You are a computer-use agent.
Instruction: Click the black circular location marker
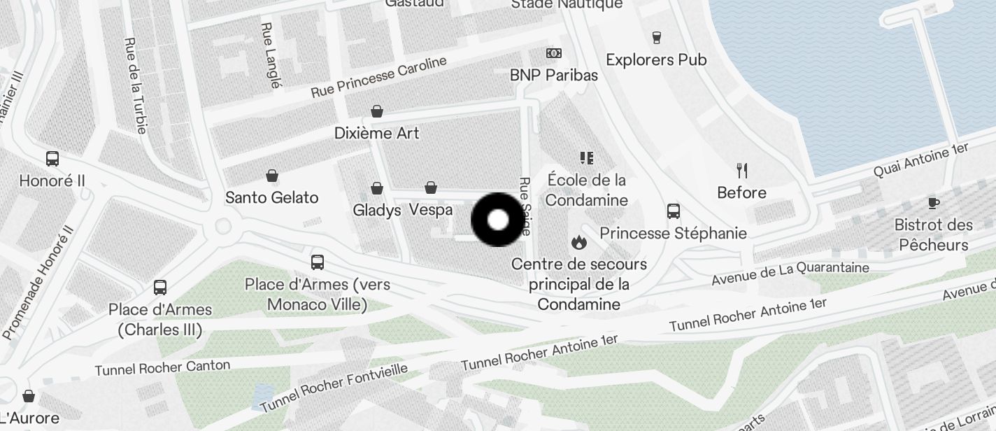pyautogui.click(x=497, y=220)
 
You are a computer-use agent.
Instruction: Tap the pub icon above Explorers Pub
pyautogui.click(x=656, y=37)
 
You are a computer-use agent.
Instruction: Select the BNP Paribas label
pyautogui.click(x=553, y=75)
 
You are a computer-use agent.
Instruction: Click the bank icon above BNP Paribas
pyautogui.click(x=553, y=53)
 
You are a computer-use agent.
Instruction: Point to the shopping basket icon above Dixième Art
pyautogui.click(x=377, y=111)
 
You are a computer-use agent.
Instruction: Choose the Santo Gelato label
pyautogui.click(x=271, y=198)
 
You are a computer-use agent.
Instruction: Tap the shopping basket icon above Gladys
pyautogui.click(x=377, y=188)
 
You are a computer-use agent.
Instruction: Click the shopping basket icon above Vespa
pyautogui.click(x=431, y=188)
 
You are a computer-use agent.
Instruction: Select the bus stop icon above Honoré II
pyautogui.click(x=52, y=158)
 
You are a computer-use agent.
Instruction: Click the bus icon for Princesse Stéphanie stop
pyautogui.click(x=674, y=211)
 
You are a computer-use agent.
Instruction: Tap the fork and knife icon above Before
pyautogui.click(x=742, y=170)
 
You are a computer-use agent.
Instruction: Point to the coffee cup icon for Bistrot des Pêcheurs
pyautogui.click(x=933, y=203)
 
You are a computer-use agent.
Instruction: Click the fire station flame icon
pyautogui.click(x=578, y=242)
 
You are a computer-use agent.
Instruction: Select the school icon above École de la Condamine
pyautogui.click(x=586, y=158)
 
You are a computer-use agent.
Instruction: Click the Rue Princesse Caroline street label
pyautogui.click(x=378, y=77)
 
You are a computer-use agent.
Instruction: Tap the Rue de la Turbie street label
pyautogui.click(x=136, y=85)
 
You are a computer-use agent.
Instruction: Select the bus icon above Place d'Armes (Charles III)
pyautogui.click(x=160, y=287)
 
